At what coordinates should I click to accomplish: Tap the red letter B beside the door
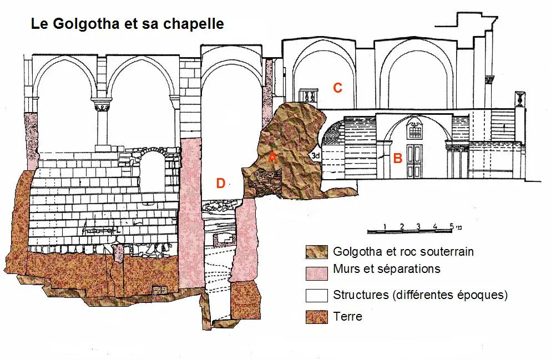point(397,158)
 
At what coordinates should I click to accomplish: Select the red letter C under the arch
point(337,87)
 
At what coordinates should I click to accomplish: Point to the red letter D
point(220,184)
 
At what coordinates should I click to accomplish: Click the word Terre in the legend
point(347,317)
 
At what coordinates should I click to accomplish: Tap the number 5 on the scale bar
point(452,226)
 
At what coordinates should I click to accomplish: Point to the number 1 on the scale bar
point(385,226)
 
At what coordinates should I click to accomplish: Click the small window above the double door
point(414,130)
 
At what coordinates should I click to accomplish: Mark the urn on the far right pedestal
point(520,99)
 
